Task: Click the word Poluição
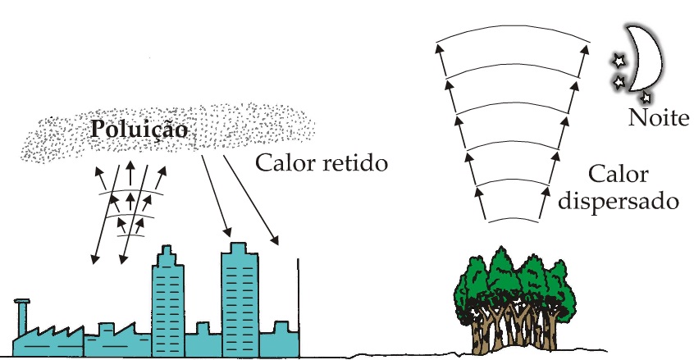click(x=139, y=129)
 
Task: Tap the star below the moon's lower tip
click(x=646, y=98)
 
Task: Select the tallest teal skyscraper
click(x=240, y=295)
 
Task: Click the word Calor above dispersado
click(x=618, y=175)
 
